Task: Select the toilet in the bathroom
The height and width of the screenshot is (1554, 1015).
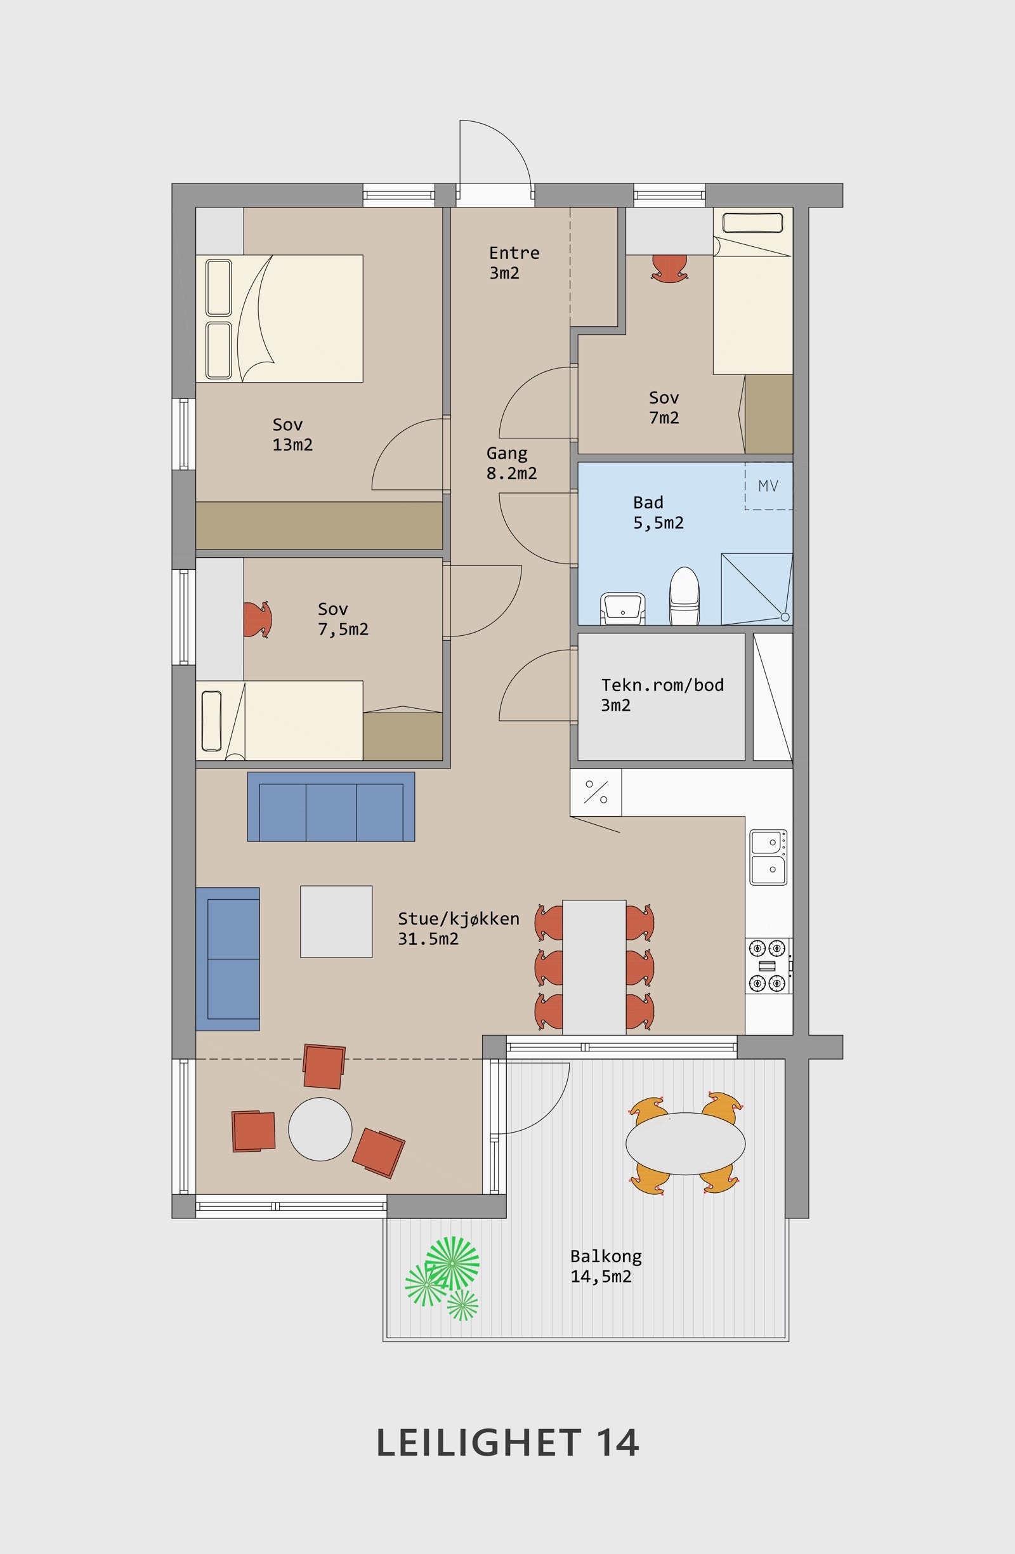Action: click(x=684, y=595)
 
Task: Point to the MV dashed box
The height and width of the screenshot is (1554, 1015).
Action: click(x=769, y=486)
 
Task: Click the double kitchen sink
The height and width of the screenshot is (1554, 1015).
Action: click(x=768, y=857)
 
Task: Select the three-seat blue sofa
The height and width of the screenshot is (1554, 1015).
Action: click(x=331, y=807)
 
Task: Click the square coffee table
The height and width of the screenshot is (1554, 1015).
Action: click(x=336, y=921)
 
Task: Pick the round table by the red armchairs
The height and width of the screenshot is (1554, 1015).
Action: click(x=320, y=1129)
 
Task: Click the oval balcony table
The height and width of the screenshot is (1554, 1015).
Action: click(x=685, y=1143)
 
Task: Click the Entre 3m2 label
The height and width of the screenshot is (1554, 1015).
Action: click(x=514, y=263)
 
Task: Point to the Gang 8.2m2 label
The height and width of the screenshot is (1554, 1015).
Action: click(x=511, y=463)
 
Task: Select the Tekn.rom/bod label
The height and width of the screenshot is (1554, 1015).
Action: click(x=662, y=685)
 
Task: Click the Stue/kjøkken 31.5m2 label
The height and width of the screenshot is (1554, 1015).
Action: click(x=458, y=928)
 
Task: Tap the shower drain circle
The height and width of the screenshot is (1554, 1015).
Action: click(x=785, y=617)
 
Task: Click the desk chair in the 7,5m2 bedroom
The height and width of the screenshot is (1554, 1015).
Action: click(x=257, y=619)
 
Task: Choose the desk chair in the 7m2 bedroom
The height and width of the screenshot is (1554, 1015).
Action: click(x=671, y=268)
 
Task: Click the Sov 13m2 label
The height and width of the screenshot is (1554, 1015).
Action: click(x=292, y=434)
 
